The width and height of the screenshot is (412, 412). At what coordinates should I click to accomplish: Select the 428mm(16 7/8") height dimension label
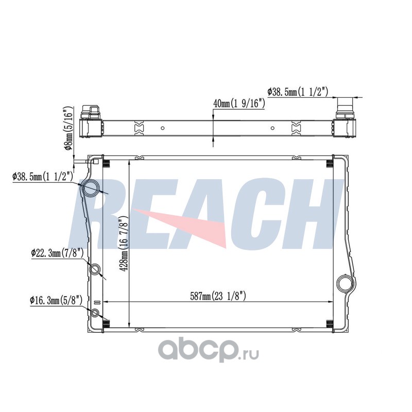pyautogui.click(x=123, y=244)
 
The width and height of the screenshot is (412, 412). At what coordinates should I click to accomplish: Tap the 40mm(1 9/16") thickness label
pyautogui.click(x=239, y=104)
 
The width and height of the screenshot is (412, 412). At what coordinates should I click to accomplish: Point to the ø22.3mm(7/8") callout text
pyautogui.click(x=57, y=253)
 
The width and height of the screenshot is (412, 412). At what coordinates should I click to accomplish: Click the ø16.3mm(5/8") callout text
pyautogui.click(x=56, y=300)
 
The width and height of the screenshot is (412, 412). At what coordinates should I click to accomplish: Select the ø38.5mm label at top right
pyautogui.click(x=298, y=92)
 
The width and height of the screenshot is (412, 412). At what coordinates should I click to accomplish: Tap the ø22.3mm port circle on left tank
pyautogui.click(x=95, y=269)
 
